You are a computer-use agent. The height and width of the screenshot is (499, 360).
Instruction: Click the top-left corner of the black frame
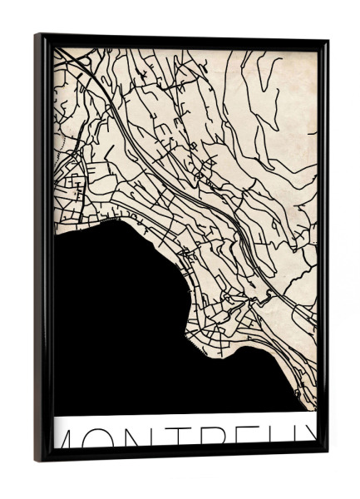[x=37, y=36]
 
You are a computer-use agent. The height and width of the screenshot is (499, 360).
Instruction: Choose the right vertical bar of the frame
[x=323, y=249]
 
